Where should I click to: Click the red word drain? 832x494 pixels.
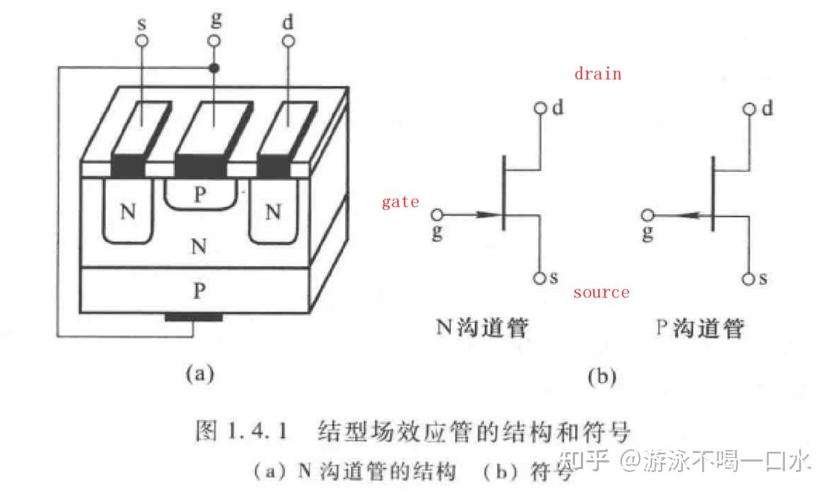coord(598,74)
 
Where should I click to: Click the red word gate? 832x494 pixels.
coord(400,202)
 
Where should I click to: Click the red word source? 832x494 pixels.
coord(601,292)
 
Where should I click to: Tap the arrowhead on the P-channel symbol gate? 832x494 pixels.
coord(684,215)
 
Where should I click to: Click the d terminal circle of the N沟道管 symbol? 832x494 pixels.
coord(540,109)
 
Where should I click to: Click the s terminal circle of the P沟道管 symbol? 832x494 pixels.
coord(748,279)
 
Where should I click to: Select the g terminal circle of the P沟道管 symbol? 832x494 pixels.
coord(647,215)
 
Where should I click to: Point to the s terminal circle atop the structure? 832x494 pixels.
coord(142,42)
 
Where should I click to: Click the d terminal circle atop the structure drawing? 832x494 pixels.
coord(287,42)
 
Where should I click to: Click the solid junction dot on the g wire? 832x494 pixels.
coord(214,68)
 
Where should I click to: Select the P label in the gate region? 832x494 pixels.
coord(200,195)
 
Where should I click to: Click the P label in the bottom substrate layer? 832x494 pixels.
coord(198,290)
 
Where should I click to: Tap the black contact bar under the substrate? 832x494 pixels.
coord(193,317)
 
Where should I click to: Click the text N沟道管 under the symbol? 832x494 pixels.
coord(482,327)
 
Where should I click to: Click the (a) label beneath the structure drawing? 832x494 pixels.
coord(199,374)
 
